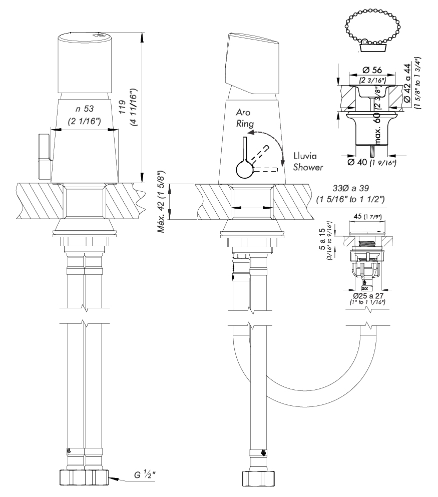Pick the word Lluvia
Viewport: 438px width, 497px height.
pyautogui.click(x=302, y=156)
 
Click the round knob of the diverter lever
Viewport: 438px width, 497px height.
pyautogui.click(x=244, y=171)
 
